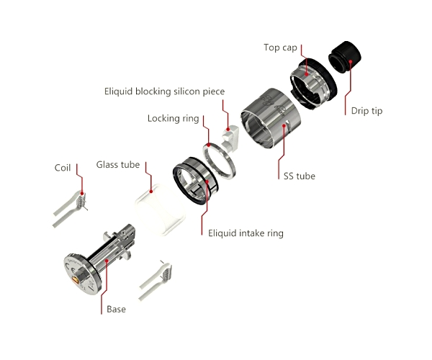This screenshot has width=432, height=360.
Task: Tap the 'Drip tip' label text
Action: click(x=366, y=111)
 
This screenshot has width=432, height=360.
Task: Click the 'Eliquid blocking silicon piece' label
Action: click(x=164, y=91)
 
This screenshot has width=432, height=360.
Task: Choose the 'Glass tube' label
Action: click(x=118, y=165)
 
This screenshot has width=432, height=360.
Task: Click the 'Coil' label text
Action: click(x=63, y=168)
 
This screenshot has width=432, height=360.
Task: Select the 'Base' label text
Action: click(x=116, y=310)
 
